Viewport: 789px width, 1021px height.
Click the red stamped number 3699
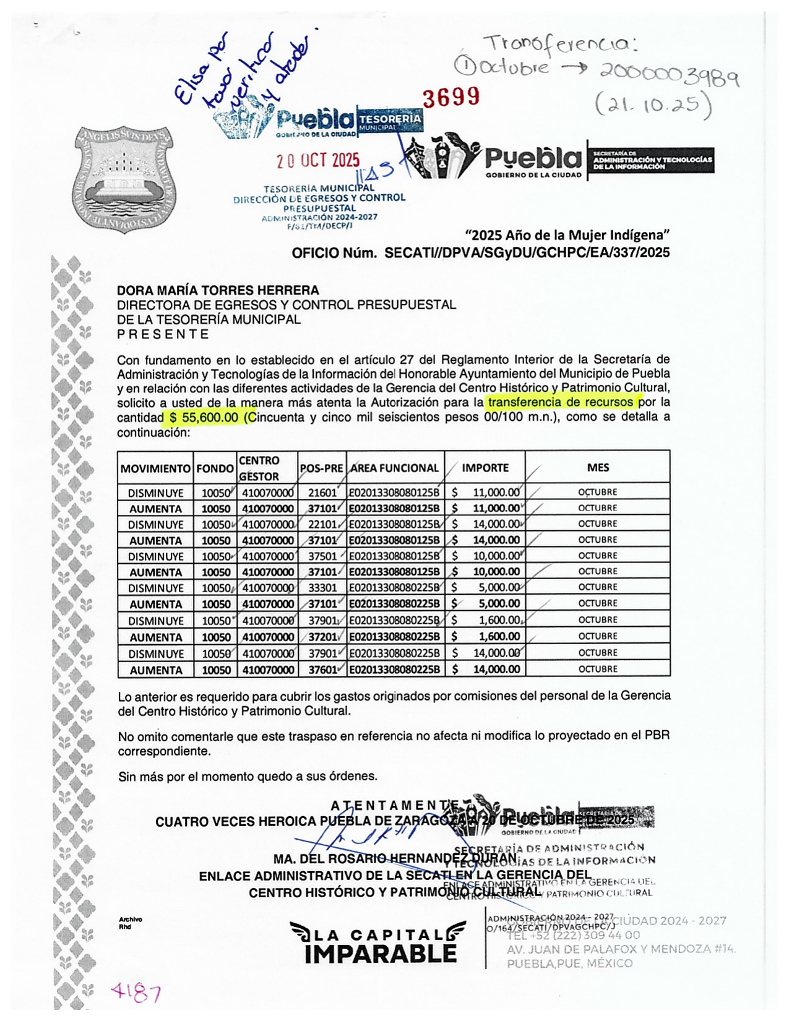point(451,97)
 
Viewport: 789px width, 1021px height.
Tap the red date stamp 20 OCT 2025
point(317,161)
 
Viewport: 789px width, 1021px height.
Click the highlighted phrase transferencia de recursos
point(560,402)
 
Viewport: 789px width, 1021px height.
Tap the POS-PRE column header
point(321,468)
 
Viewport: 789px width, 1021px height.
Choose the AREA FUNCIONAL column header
point(395,468)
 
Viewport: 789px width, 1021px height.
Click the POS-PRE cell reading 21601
point(322,493)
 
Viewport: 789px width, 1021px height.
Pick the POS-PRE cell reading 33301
point(322,588)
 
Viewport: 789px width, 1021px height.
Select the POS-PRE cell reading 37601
point(322,670)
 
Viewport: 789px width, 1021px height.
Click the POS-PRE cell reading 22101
point(322,525)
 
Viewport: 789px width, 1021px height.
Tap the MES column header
point(598,468)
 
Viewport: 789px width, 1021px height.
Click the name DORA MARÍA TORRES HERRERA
point(218,290)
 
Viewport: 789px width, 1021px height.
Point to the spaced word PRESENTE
point(163,335)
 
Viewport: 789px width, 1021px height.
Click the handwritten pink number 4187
point(136,993)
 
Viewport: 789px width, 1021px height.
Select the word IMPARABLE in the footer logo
point(381,954)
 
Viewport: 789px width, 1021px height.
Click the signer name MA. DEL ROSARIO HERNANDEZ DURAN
point(395,859)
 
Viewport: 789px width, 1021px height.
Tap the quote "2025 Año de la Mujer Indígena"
point(567,235)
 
